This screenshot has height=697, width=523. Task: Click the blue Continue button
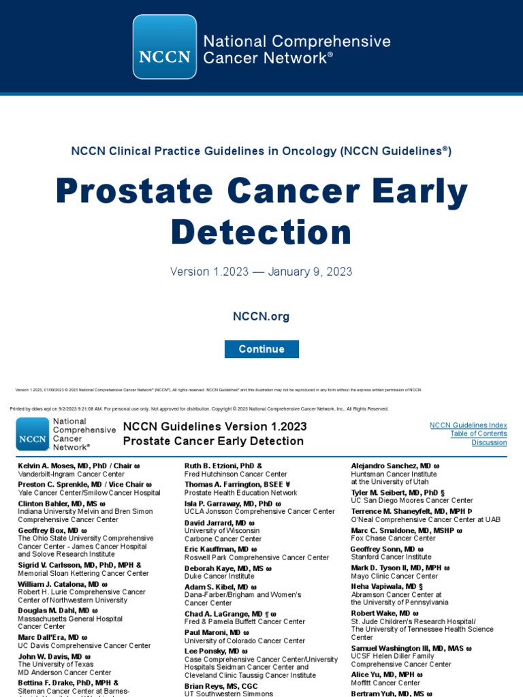(261, 349)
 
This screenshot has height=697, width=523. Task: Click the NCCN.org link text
(261, 316)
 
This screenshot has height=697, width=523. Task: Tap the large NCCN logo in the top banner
(164, 46)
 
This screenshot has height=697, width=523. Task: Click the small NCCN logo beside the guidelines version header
(33, 434)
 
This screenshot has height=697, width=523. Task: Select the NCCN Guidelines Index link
(468, 425)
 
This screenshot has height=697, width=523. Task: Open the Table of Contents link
(478, 434)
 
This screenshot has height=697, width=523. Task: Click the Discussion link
(489, 443)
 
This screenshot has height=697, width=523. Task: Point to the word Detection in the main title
(261, 232)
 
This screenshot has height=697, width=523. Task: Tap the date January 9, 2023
(310, 272)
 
